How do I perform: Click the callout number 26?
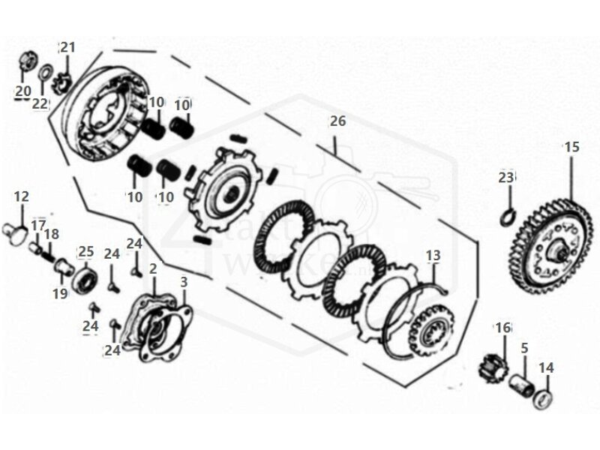tap(337, 121)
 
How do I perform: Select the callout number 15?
tap(571, 148)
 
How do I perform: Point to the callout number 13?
tap(433, 256)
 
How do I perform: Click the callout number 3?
tap(184, 283)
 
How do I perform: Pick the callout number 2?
tap(153, 268)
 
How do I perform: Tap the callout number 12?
tap(22, 196)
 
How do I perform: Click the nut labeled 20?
tap(25, 59)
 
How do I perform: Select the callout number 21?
tap(68, 48)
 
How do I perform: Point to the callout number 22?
tap(40, 103)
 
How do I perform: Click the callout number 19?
tap(60, 293)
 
